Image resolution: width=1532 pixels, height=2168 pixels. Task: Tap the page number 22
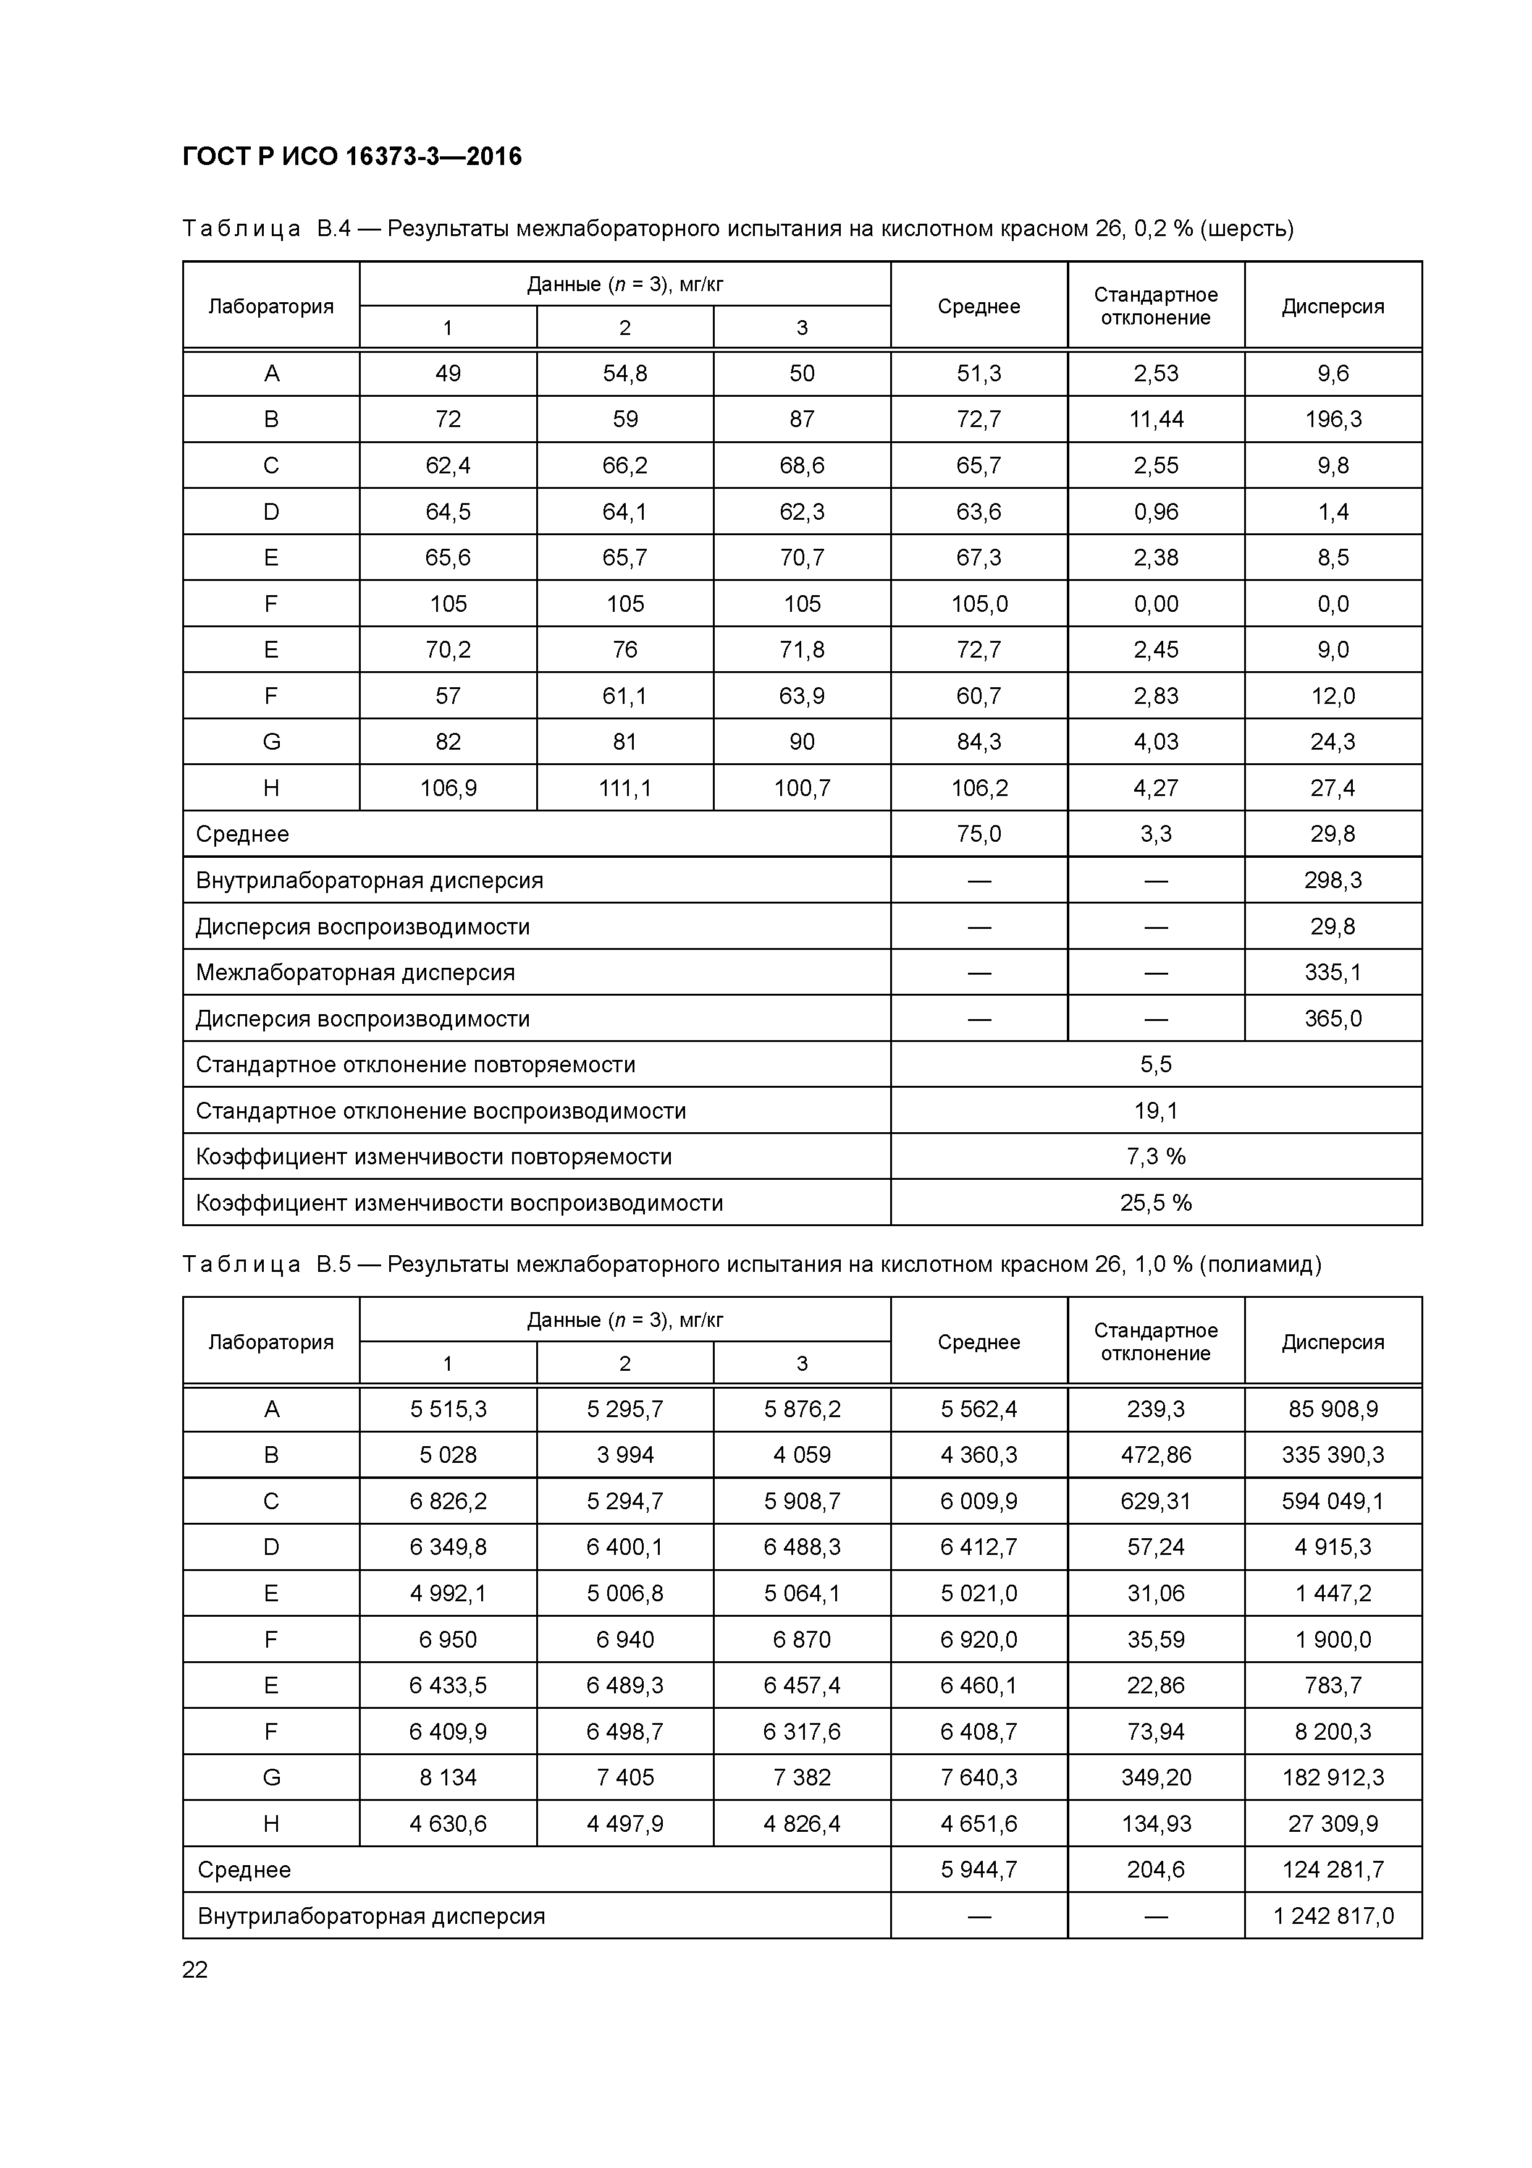(x=195, y=1970)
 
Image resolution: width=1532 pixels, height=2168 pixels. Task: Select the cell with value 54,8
(x=625, y=373)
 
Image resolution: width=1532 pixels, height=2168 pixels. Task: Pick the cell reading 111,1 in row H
(x=625, y=787)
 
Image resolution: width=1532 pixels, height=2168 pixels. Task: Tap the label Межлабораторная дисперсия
(x=355, y=973)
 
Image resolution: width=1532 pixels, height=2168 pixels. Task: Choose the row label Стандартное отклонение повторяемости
(x=415, y=1065)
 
